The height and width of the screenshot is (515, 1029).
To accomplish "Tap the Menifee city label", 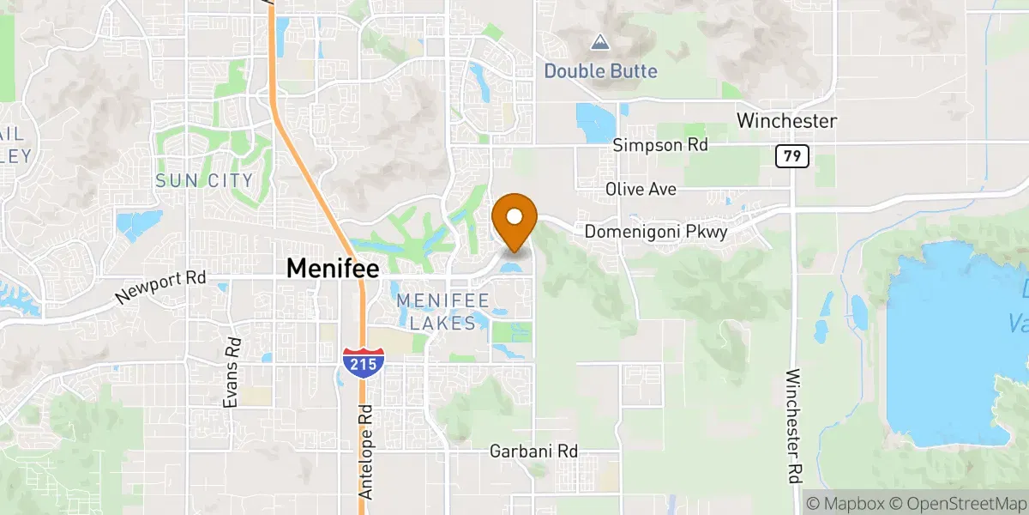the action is coord(332,268).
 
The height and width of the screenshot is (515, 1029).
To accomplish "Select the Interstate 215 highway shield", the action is coord(362,360).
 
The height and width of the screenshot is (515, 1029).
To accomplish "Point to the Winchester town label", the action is coord(786,121).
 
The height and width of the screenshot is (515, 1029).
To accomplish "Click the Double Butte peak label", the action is coord(600,70).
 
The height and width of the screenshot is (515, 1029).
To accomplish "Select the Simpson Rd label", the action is coord(660,146).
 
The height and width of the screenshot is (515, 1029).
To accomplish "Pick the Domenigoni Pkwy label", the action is coord(656,232).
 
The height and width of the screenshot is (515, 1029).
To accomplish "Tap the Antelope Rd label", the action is coord(367,452).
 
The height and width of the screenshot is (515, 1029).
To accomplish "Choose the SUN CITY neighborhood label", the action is coord(204,180).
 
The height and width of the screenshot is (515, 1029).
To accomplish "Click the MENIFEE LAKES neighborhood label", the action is coord(442,312).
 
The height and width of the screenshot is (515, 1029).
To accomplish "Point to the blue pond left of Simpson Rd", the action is coord(594,122).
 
